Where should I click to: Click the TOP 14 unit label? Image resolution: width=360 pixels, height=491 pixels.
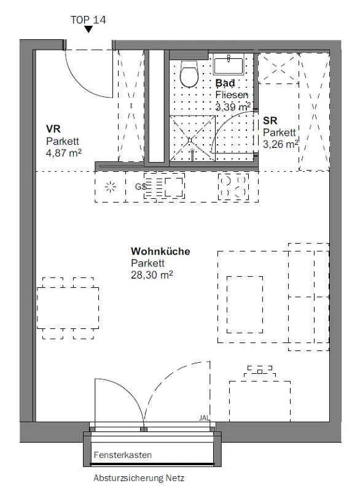click(88, 20)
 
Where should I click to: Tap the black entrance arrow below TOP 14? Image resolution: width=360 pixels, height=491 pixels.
click(88, 29)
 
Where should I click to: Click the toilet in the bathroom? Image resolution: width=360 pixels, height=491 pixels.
click(190, 74)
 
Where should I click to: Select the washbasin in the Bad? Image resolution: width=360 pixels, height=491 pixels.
click(229, 64)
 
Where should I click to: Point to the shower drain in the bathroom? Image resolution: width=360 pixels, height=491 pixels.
click(190, 140)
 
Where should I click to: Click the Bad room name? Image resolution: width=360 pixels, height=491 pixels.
click(225, 83)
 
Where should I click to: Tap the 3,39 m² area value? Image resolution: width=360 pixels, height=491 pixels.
click(233, 107)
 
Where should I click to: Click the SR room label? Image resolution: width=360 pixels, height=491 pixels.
click(270, 120)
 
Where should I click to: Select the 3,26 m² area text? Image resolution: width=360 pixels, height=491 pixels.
click(280, 144)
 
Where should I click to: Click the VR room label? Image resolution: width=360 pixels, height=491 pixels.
click(53, 129)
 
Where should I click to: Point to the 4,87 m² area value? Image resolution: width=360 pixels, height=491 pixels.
click(64, 153)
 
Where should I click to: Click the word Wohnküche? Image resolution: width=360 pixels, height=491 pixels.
click(160, 251)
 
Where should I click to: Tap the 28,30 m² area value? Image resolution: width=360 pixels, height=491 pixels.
click(152, 275)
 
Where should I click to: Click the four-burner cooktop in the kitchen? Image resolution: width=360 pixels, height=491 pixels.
click(233, 187)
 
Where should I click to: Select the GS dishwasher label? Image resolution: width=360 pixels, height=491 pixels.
click(140, 187)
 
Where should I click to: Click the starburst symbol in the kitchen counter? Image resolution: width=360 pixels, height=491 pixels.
click(111, 187)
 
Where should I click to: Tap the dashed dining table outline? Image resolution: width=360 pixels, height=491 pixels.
click(68, 308)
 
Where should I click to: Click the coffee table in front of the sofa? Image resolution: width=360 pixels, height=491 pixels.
click(245, 304)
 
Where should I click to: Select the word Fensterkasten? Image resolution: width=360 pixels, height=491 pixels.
click(122, 455)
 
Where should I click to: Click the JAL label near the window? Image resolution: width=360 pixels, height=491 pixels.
click(205, 418)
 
